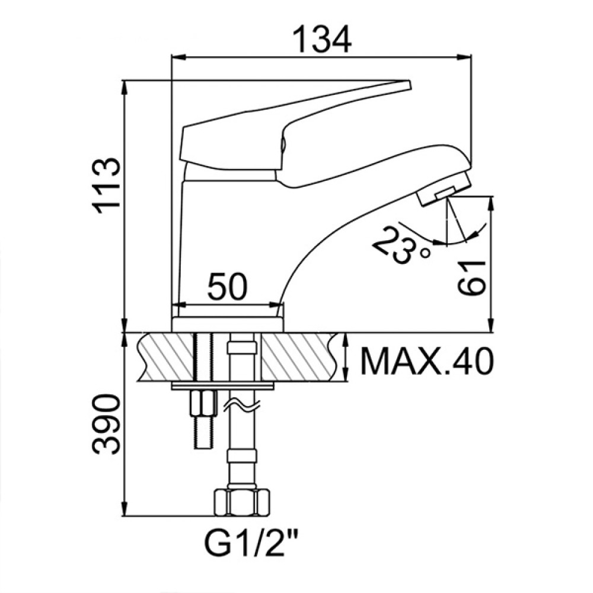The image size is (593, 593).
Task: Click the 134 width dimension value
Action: point(322,40)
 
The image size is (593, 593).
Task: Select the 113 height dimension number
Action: point(106,186)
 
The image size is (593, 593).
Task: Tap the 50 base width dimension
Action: point(227,286)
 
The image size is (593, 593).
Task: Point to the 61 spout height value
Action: point(471,277)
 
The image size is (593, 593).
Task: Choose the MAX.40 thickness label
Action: point(427,362)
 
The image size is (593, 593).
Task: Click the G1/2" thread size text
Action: point(250,543)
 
